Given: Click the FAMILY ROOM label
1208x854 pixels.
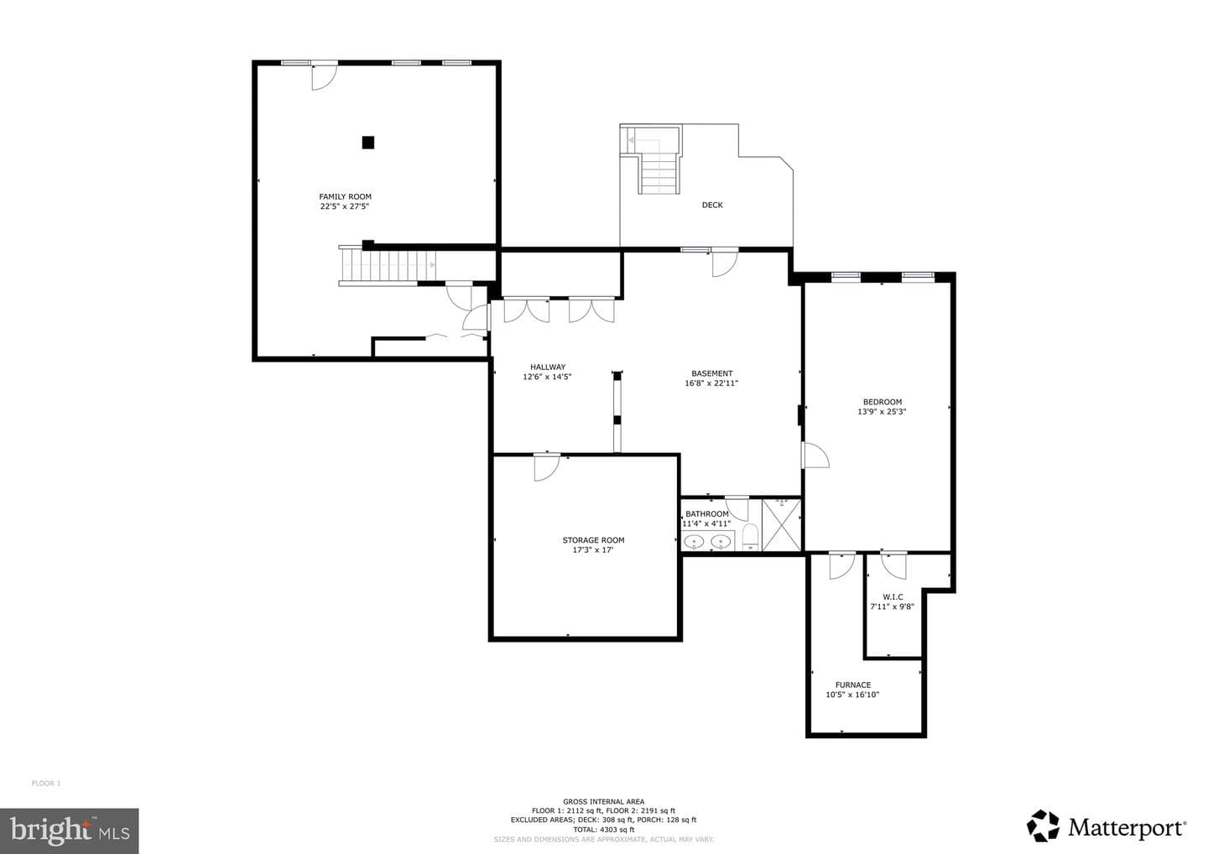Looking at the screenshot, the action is [x=345, y=197].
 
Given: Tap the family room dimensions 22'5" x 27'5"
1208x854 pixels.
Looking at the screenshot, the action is [x=345, y=206].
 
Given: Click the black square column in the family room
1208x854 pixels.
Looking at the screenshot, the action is [x=367, y=143].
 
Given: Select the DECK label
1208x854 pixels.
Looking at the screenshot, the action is [x=712, y=205].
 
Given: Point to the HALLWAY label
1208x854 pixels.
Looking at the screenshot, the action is [x=547, y=367].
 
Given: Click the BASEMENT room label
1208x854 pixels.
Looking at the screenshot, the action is [x=712, y=373].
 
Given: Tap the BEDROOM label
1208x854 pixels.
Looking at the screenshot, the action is [x=883, y=402].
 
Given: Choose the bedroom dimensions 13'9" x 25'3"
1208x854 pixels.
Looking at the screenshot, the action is [x=882, y=412].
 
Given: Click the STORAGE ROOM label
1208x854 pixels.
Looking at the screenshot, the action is [x=593, y=540].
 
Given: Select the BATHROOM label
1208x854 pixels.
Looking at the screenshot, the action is [x=707, y=514].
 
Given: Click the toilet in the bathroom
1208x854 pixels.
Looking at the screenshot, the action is [x=750, y=537].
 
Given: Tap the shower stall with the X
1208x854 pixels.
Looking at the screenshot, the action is [x=782, y=525].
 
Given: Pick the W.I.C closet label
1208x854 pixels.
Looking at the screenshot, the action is [x=893, y=596].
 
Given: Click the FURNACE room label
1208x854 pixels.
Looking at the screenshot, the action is [x=853, y=685].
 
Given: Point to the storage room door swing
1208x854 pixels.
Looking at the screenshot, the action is [x=546, y=467].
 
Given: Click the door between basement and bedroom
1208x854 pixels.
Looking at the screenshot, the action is [x=815, y=455].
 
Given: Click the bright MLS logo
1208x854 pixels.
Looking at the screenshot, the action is [x=70, y=831].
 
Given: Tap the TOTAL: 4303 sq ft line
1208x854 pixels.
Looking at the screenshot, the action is [x=603, y=830].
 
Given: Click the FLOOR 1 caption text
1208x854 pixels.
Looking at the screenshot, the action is [x=46, y=784].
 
